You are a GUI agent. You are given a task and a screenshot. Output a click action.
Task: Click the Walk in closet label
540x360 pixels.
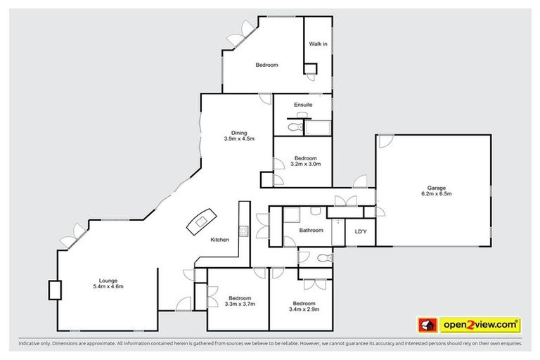[x=319, y=44]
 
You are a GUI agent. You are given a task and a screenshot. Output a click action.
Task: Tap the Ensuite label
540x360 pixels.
[x=304, y=105]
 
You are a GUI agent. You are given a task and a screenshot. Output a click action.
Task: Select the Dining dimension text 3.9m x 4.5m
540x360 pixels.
[x=239, y=139]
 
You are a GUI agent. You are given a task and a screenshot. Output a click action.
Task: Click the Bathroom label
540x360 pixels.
[x=311, y=231]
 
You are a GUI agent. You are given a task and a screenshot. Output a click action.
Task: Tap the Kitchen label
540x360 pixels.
[x=220, y=240]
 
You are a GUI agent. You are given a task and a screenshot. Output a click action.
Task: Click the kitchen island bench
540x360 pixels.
[x=200, y=221]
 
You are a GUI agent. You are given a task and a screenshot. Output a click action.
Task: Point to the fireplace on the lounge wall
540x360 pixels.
[x=54, y=290]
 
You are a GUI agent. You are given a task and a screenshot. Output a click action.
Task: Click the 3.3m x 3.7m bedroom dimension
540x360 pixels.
[x=238, y=304]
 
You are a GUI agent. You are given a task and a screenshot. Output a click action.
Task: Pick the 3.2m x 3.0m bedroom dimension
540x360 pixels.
[x=306, y=164]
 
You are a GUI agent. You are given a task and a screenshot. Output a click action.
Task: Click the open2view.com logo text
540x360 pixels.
[x=480, y=325]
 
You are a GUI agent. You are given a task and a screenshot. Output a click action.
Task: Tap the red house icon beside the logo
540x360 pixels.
[x=427, y=325]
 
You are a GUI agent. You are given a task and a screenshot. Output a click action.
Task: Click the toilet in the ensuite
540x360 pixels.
[x=295, y=127]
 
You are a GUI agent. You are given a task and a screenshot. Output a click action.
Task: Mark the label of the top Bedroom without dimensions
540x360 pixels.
[x=266, y=65]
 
